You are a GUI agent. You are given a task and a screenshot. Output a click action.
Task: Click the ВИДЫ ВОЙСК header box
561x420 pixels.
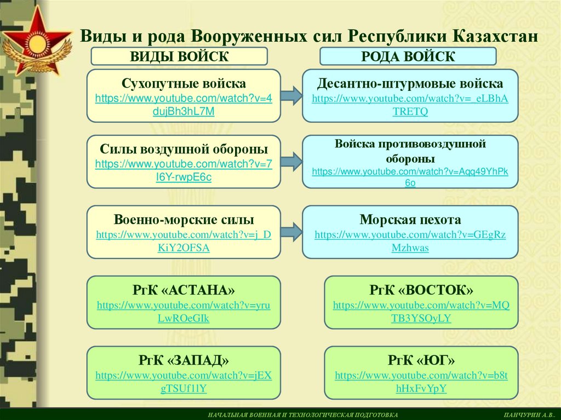coord(179,56)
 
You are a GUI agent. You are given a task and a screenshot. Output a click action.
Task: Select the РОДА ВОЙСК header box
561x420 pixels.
coord(408,56)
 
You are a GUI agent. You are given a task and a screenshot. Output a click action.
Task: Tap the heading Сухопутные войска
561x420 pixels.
coord(184,84)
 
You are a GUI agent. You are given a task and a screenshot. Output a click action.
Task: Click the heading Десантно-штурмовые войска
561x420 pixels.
coord(410,84)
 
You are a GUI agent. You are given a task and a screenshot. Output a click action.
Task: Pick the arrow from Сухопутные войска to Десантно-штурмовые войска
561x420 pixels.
coord(291,95)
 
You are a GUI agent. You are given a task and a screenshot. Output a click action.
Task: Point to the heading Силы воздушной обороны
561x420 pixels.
coord(184,149)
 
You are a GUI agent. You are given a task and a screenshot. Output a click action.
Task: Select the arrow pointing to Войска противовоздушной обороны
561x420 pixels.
coord(291,161)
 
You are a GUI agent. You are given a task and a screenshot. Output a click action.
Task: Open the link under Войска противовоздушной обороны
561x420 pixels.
coord(410,177)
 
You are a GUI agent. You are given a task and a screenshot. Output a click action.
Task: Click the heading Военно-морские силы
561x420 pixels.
coord(184,220)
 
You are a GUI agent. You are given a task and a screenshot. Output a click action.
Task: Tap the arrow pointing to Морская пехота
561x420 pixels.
coord(291,231)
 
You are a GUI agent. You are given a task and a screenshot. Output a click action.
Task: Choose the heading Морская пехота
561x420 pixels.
coord(410,220)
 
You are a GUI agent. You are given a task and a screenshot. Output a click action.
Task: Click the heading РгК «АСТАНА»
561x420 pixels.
coord(184,290)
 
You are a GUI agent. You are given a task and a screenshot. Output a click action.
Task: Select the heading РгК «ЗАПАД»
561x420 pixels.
coord(184,360)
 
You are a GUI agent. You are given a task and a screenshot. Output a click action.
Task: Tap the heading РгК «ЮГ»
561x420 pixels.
coord(421,360)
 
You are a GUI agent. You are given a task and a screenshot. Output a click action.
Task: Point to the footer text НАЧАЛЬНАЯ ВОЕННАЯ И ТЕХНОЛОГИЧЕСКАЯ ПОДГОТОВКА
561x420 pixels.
coord(303,415)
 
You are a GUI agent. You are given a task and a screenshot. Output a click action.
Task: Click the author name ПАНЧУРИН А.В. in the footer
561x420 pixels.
coord(530,415)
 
